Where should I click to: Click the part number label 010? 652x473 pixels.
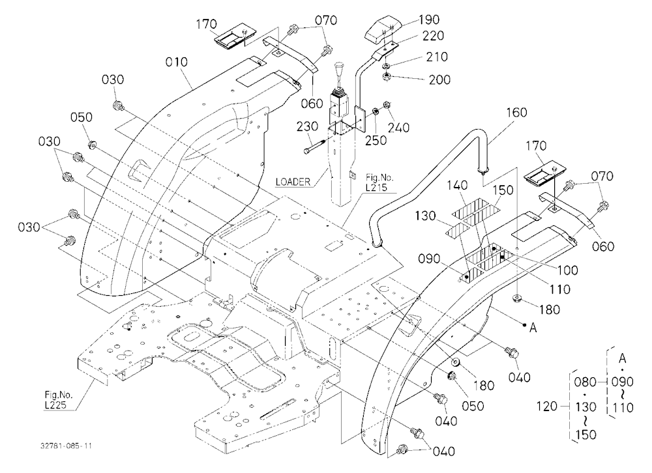tap(176, 63)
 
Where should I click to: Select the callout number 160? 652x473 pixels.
tap(516, 113)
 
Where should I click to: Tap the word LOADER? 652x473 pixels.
tap(293, 182)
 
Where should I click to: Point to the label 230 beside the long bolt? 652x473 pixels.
tap(307, 126)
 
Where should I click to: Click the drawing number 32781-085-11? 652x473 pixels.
tap(66, 446)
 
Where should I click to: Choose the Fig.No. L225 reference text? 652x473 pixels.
tap(56, 399)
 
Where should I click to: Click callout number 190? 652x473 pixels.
tap(429, 20)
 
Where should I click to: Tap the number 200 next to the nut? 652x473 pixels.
tap(439, 79)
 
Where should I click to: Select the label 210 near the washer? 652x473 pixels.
tap(437, 57)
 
